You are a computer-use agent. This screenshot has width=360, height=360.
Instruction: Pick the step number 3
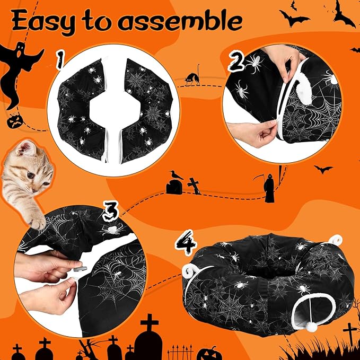pyautogui.click(x=110, y=212)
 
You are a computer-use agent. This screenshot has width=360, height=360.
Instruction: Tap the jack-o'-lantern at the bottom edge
pyautogui.click(x=207, y=353)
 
